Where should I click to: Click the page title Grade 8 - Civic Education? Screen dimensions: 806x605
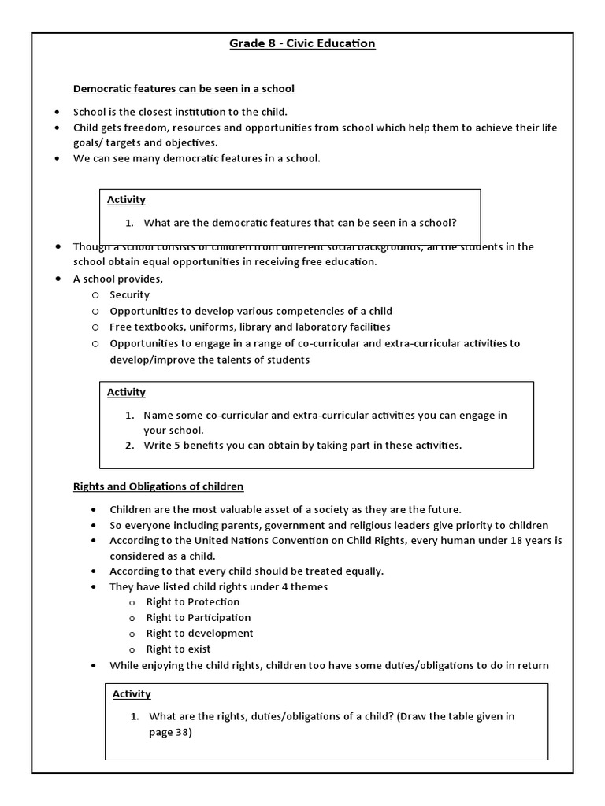(x=302, y=43)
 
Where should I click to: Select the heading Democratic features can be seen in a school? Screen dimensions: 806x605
(x=184, y=88)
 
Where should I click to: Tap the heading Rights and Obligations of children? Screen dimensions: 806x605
(x=158, y=486)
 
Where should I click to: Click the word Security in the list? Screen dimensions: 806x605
(x=129, y=294)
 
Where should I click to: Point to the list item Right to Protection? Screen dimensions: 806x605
(x=193, y=601)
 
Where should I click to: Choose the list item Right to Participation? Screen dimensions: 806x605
(x=199, y=617)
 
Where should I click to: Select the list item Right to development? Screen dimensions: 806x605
(x=199, y=633)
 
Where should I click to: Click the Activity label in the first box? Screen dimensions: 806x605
(x=126, y=200)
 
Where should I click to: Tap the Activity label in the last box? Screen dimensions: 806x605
(x=132, y=693)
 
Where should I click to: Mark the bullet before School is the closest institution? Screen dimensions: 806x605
(x=58, y=112)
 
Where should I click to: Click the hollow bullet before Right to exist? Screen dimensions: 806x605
(x=132, y=649)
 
